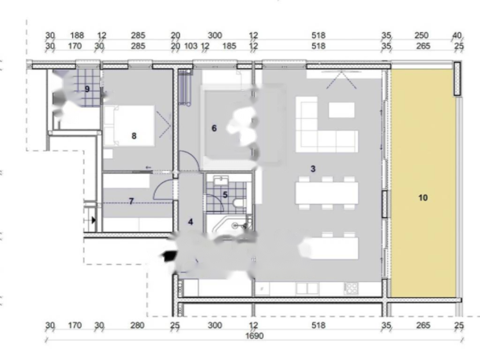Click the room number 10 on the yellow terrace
tap(423, 198)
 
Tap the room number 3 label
tap(313, 169)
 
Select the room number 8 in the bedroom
tap(134, 136)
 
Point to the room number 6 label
tap(214, 128)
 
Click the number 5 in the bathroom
tap(225, 195)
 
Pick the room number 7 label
tap(131, 201)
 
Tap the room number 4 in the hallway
tap(191, 222)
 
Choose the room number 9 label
tap(87, 89)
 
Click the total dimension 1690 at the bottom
tap(255, 336)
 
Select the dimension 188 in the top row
tap(77, 36)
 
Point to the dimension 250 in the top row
tap(421, 36)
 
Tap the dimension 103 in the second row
tap(191, 46)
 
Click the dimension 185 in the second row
tap(229, 46)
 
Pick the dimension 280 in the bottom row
tap(137, 325)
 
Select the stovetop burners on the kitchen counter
tap(352, 288)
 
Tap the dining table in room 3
tap(327, 193)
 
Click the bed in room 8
tap(129, 126)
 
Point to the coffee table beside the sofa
tap(342, 110)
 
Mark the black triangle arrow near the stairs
tap(93, 220)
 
